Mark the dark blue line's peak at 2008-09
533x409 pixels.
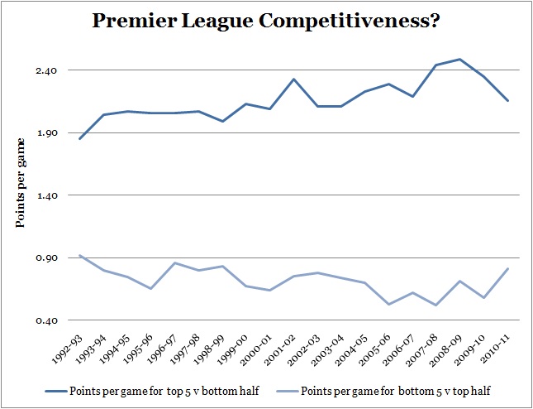(x=459, y=59)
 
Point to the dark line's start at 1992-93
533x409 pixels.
(x=80, y=138)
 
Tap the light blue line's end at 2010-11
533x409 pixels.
(x=507, y=269)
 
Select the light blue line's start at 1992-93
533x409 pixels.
(x=80, y=256)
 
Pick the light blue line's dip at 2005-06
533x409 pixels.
(x=388, y=305)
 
